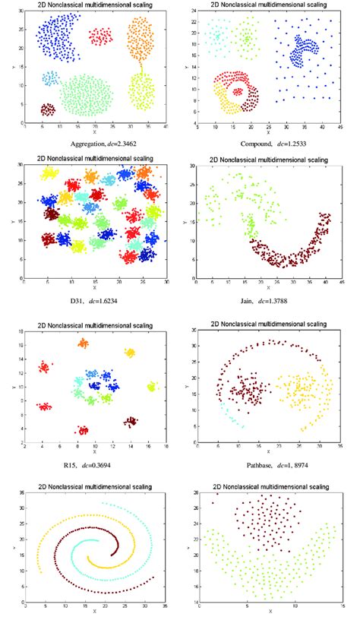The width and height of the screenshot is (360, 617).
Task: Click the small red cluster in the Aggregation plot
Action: [100, 36]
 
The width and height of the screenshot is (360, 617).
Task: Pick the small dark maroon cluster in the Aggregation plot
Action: [48, 109]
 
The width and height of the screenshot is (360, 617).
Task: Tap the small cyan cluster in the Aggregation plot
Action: [51, 78]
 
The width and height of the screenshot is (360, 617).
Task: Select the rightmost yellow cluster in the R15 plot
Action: [151, 387]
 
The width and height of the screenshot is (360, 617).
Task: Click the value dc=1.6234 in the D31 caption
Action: [112, 302]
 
